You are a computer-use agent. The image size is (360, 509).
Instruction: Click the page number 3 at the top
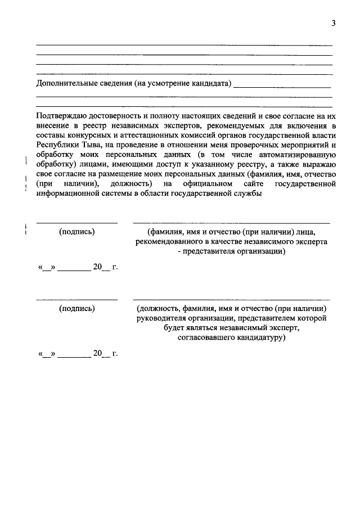(x=333, y=23)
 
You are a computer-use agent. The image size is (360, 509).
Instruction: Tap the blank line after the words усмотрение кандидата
(x=282, y=87)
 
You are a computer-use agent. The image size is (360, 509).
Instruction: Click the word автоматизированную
(x=297, y=154)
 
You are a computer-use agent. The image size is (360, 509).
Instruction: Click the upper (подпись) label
(x=77, y=232)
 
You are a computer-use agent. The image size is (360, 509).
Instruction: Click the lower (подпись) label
(x=77, y=308)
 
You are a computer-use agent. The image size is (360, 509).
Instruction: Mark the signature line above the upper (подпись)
(x=77, y=223)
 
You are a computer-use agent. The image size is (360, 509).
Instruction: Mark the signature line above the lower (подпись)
(x=77, y=299)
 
